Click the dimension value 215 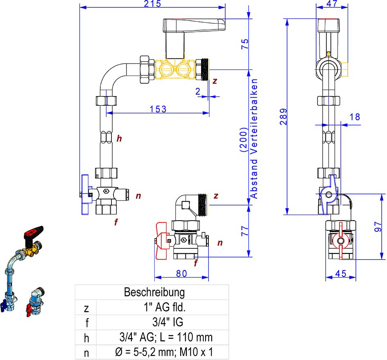click(x=152, y=4)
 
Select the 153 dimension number click(x=158, y=109)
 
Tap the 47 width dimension click(x=332, y=4)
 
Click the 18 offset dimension click(x=355, y=117)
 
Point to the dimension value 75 click(x=244, y=44)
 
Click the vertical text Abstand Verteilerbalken click(x=254, y=139)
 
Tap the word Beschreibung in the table click(x=154, y=292)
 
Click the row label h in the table click(x=86, y=337)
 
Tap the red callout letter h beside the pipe click(x=119, y=139)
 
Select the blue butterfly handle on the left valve click(x=86, y=194)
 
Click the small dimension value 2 click(x=198, y=91)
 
